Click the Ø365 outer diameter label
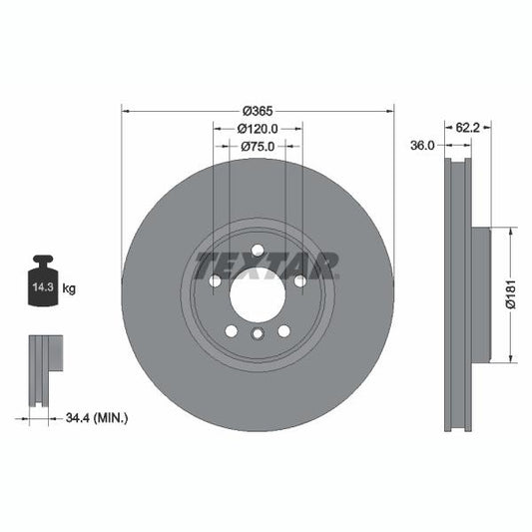coord(257,112)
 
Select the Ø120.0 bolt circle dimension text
coord(257,129)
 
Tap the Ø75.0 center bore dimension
coord(257,146)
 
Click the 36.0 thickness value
coord(423,146)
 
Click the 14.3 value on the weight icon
coord(43,287)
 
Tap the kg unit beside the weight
coord(70,288)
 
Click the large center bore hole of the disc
coord(258,294)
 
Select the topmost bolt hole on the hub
coord(258,250)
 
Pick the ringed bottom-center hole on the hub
coord(258,335)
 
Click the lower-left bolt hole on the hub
coord(232,330)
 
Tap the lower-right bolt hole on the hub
coord(283,330)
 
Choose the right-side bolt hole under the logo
coord(299,280)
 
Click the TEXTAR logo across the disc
coord(266,266)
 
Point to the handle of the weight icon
coord(43,262)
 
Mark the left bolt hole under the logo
coord(216,280)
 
